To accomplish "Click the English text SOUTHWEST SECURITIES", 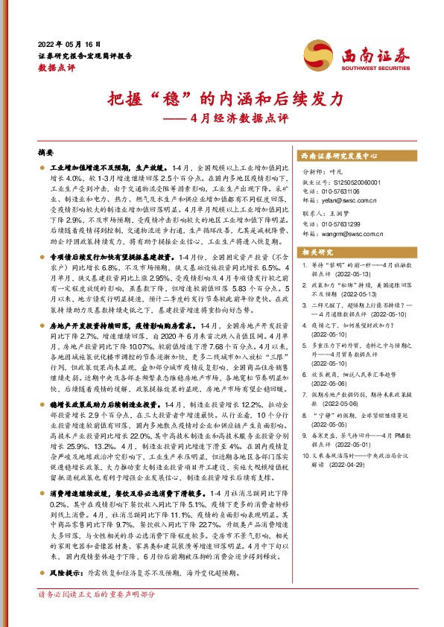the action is click(x=368, y=65).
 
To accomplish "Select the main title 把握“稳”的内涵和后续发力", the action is click(x=221, y=98).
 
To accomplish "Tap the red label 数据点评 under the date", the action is click(x=52, y=67).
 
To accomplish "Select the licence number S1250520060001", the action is click(x=355, y=182).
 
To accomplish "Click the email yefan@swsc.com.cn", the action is click(x=349, y=200).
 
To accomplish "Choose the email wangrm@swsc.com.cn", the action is click(x=353, y=234).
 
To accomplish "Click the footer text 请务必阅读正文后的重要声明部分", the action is click(x=96, y=616).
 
